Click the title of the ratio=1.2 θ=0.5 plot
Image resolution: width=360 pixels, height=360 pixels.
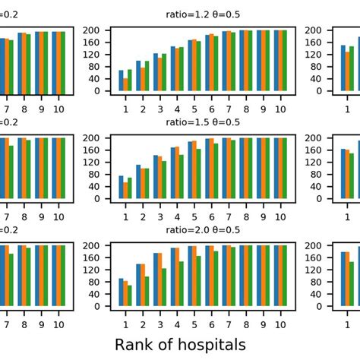tap(203, 14)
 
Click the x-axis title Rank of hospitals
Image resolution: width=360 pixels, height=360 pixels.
tap(180, 344)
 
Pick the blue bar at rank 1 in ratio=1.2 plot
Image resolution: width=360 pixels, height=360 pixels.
tap(122, 81)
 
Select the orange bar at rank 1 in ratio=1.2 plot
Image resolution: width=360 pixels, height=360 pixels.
tap(126, 84)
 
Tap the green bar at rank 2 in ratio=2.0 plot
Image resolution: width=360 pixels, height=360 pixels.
tap(147, 292)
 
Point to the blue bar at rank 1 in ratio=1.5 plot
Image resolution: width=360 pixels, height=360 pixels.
tap(122, 187)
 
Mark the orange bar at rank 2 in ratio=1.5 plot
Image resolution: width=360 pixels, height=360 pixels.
tap(142, 183)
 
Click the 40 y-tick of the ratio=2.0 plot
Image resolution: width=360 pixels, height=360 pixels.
tap(97, 295)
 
